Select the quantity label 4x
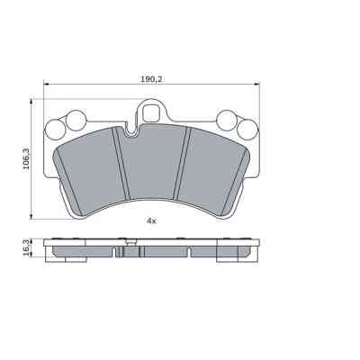click(x=151, y=220)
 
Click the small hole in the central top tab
click(x=151, y=113)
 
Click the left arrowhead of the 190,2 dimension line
click(x=40, y=86)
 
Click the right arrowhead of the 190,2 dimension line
click(x=263, y=86)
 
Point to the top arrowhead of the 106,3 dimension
click(x=33, y=101)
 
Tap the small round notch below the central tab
click(x=132, y=134)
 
